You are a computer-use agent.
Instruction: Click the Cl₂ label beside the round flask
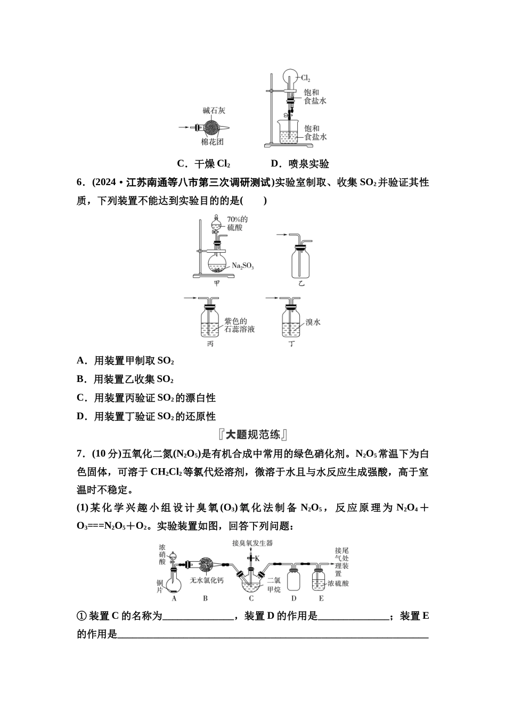click(306, 78)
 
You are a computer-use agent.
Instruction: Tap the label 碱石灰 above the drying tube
click(214, 111)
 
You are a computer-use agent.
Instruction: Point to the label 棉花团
click(212, 142)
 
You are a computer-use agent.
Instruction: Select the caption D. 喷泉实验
click(299, 164)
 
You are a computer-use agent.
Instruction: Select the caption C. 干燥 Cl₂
click(203, 164)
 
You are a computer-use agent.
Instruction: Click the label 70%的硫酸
click(237, 223)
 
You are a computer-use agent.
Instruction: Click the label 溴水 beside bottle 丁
click(313, 322)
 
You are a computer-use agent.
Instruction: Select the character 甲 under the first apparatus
click(217, 283)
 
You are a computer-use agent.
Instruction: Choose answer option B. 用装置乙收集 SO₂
click(126, 379)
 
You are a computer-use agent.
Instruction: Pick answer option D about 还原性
click(146, 417)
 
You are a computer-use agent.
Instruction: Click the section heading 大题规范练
click(253, 435)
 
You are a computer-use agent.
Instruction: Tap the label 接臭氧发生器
click(252, 543)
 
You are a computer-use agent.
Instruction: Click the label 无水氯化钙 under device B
click(207, 580)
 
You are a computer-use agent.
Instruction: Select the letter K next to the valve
click(257, 558)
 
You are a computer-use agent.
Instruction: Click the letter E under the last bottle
click(321, 598)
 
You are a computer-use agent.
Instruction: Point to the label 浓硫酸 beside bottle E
click(338, 584)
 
